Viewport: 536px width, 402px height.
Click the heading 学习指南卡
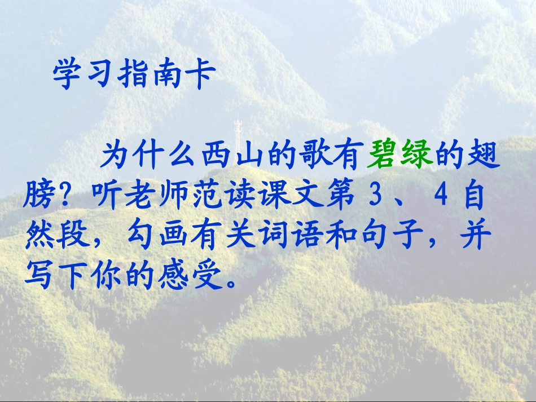tap(133, 76)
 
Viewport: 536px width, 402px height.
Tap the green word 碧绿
tap(400, 156)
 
